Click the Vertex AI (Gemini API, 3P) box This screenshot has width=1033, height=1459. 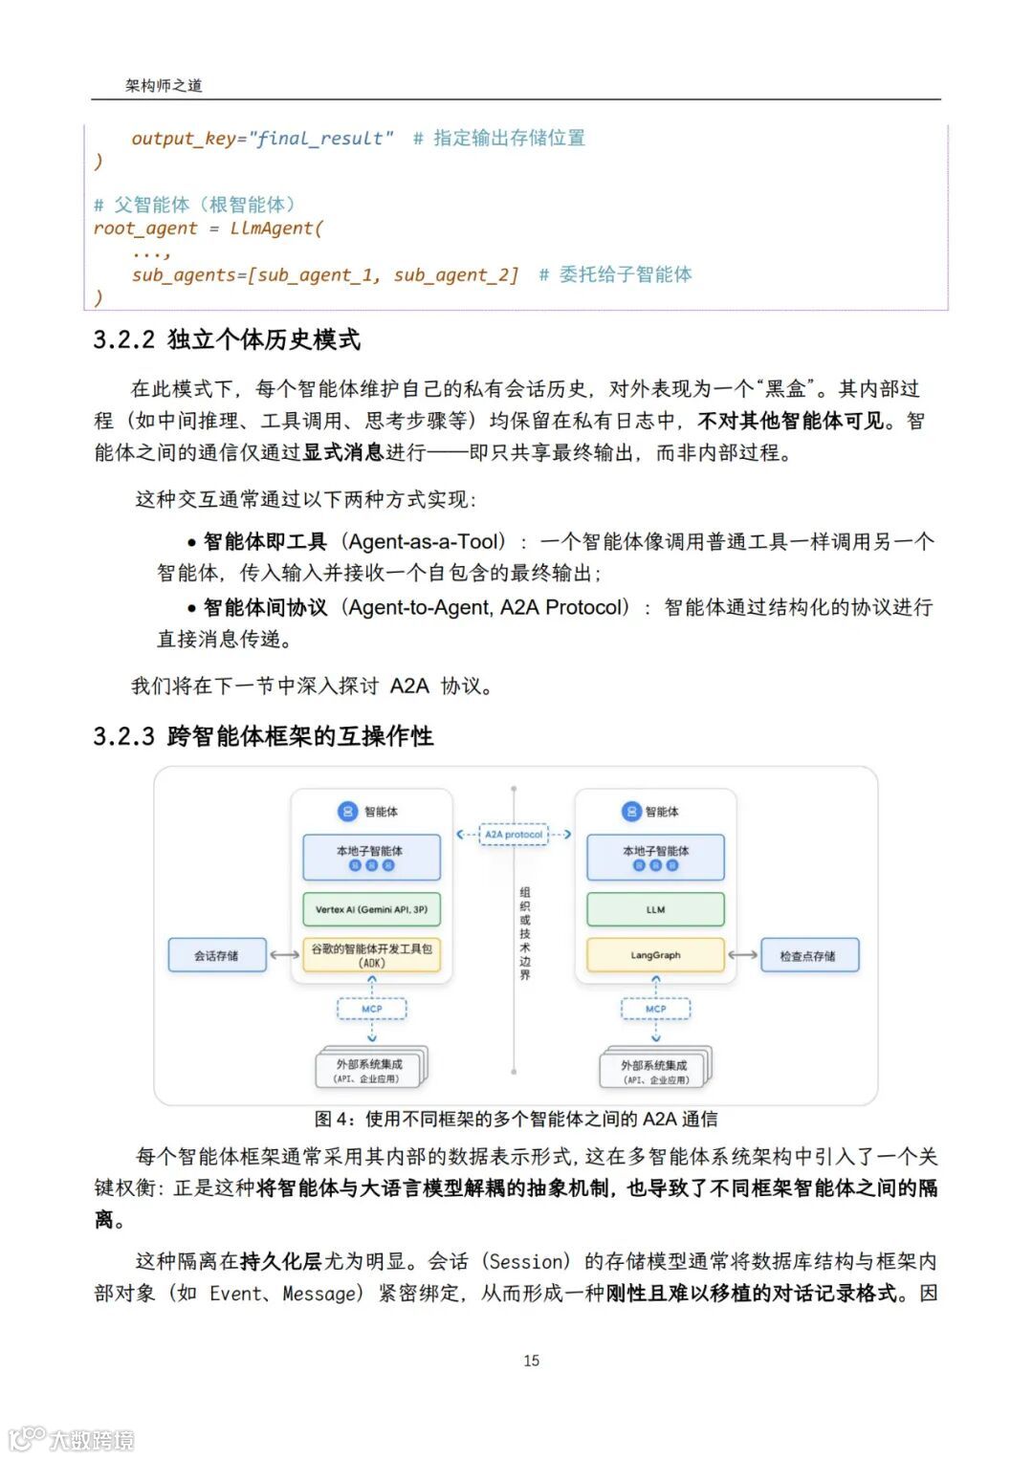coord(371,909)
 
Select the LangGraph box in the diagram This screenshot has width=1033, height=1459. coord(655,955)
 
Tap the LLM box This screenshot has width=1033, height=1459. coord(655,909)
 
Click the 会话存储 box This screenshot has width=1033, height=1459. coord(216,955)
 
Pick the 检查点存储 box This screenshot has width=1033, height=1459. coord(808,955)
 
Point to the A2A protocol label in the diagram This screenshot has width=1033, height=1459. coord(514,835)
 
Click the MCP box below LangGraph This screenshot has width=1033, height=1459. coord(655,1009)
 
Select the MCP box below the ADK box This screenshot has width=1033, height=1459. coord(371,1009)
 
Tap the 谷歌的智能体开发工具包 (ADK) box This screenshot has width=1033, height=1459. coord(371,955)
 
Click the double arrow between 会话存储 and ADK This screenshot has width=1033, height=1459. coord(284,955)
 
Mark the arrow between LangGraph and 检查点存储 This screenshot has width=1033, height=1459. coord(743,955)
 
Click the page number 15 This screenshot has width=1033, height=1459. coord(532,1361)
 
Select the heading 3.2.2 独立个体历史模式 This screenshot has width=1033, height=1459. coord(227,339)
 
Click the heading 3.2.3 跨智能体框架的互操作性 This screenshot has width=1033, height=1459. coord(263,736)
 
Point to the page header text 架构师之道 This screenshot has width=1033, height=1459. coord(164,85)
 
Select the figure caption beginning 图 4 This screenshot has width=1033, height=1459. coord(516,1119)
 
